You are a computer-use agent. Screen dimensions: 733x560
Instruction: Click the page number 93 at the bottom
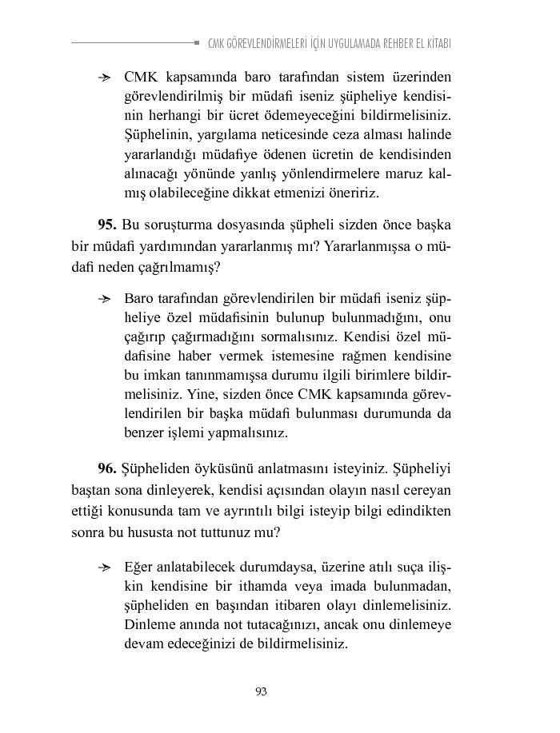click(261, 691)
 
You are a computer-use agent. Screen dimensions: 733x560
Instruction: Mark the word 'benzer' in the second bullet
click(142, 432)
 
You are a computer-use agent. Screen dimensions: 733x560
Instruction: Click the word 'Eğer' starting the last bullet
click(139, 567)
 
